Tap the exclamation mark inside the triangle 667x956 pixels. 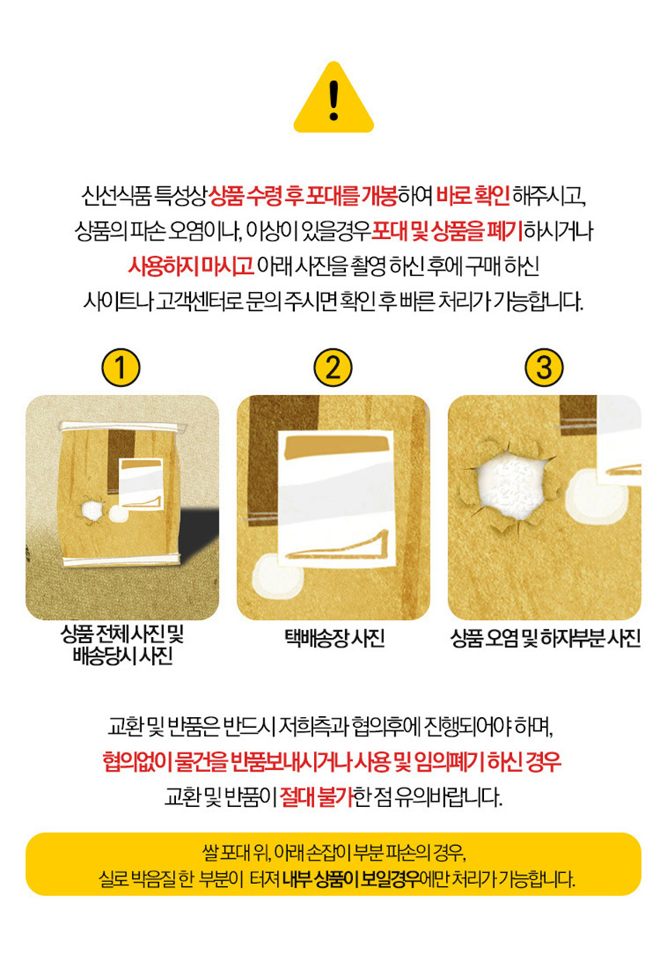click(334, 100)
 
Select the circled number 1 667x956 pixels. click(121, 368)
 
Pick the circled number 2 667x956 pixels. click(333, 368)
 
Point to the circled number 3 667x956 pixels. click(544, 368)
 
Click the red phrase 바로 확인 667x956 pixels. click(473, 196)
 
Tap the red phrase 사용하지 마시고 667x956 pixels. click(191, 266)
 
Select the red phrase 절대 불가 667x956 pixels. click(317, 796)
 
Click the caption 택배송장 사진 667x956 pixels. click(335, 639)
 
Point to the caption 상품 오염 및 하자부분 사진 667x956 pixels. click(545, 639)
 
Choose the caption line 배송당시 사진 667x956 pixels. click(123, 656)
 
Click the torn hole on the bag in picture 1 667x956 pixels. click(92, 509)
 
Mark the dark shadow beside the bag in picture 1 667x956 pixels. click(198, 532)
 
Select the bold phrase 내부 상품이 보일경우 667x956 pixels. click(351, 878)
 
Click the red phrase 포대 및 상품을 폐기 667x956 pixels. click(447, 231)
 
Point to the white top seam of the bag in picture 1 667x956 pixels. click(123, 426)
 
